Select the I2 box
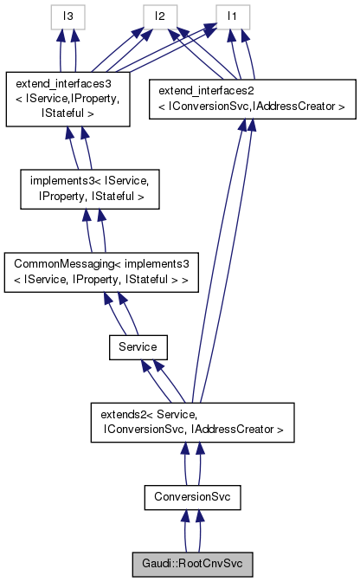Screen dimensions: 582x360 point(160,15)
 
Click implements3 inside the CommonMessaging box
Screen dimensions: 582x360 point(151,260)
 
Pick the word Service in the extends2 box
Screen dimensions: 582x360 point(177,413)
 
